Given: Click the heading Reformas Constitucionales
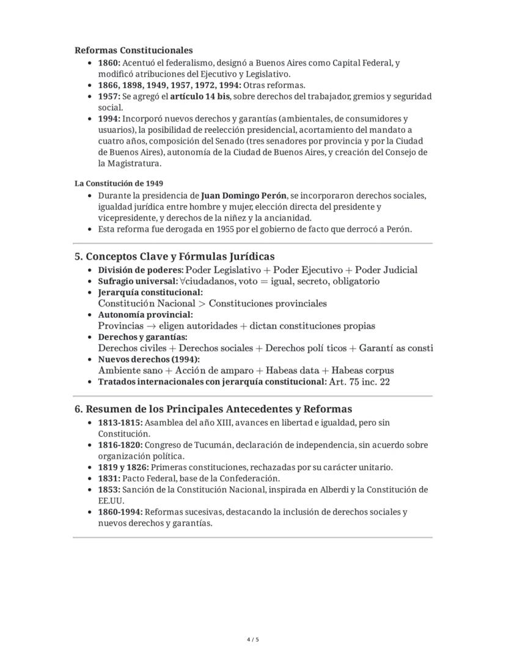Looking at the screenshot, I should point(133,50).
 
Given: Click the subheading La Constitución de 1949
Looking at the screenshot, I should point(119,183).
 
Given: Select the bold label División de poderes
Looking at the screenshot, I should point(140,270).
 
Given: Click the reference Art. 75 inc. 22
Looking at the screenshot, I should point(359,382).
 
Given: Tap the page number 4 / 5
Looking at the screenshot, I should point(253,640).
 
